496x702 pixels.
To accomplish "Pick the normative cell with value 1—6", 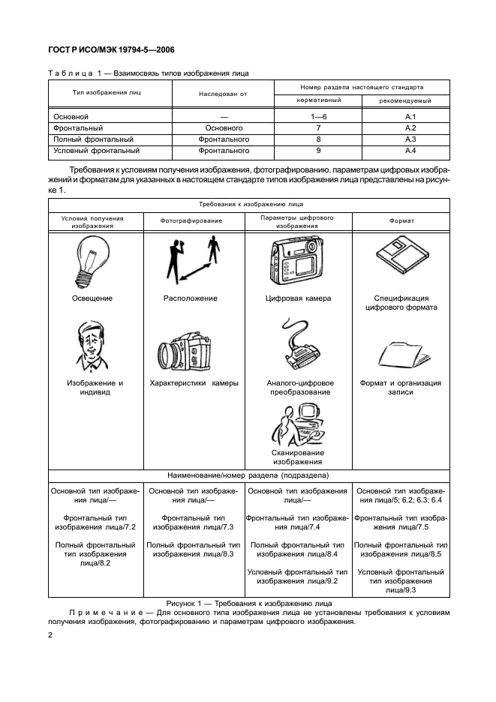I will tap(318, 118).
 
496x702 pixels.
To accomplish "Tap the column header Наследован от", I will tap(223, 94).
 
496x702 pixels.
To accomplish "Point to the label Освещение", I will tap(92, 298).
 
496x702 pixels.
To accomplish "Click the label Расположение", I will tap(191, 298).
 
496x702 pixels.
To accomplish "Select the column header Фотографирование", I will tap(191, 221).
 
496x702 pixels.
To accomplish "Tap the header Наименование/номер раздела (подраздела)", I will tap(248, 475).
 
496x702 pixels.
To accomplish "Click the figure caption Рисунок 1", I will tap(248, 603).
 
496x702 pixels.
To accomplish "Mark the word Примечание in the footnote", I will tap(100, 613).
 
